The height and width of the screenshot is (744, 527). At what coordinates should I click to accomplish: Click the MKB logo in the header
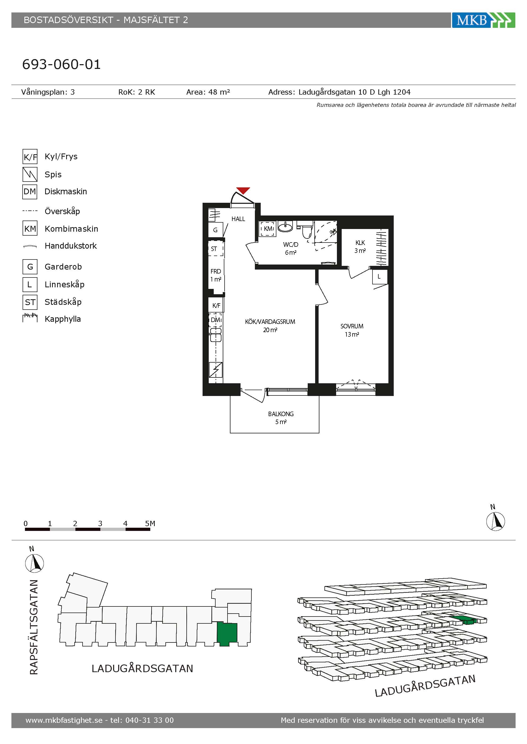click(483, 20)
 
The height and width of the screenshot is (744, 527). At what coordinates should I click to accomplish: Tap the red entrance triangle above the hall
click(243, 191)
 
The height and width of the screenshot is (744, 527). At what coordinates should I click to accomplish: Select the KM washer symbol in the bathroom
click(268, 229)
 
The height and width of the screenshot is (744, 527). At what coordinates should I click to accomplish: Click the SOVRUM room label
click(352, 326)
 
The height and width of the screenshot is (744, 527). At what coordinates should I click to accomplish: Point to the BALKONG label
click(281, 414)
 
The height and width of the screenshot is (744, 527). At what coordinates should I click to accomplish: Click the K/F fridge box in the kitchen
click(216, 305)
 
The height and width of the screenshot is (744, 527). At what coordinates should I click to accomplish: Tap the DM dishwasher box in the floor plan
click(216, 320)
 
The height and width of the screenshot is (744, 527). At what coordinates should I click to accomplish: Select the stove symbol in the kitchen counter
click(216, 370)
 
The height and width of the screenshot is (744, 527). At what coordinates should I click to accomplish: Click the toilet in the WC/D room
click(305, 230)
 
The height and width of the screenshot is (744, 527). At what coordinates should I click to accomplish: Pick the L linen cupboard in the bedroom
click(379, 277)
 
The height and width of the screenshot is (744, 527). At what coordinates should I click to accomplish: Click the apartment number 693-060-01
click(61, 64)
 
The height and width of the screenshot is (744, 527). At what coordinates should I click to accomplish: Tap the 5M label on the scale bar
click(150, 523)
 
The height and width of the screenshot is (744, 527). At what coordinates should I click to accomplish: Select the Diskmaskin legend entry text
click(66, 192)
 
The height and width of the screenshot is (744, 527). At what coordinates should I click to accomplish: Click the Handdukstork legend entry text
click(71, 246)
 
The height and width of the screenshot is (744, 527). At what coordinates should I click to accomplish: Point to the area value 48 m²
click(219, 92)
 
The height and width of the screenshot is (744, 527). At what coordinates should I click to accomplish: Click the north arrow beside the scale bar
click(495, 521)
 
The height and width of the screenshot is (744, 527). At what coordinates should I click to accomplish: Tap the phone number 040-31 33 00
click(149, 720)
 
